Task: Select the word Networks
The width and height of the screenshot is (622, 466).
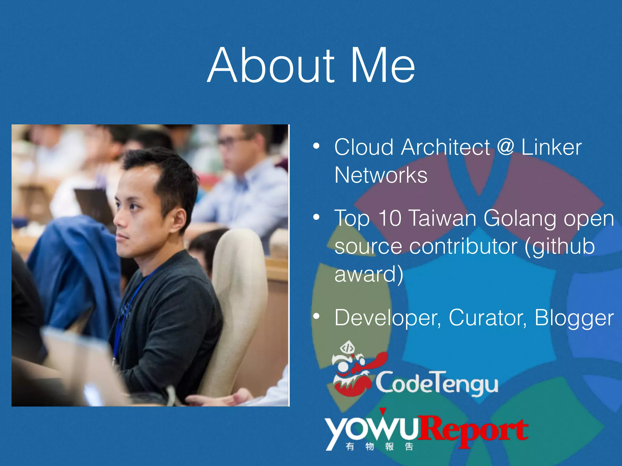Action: tap(381, 175)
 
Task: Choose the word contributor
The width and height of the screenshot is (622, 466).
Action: tap(463, 246)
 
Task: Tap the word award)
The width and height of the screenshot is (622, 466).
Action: tap(369, 274)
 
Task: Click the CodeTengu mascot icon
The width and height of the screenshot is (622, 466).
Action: tap(352, 370)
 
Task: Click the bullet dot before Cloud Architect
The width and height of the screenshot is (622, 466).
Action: tap(316, 146)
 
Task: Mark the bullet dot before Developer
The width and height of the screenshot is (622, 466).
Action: tap(316, 316)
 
